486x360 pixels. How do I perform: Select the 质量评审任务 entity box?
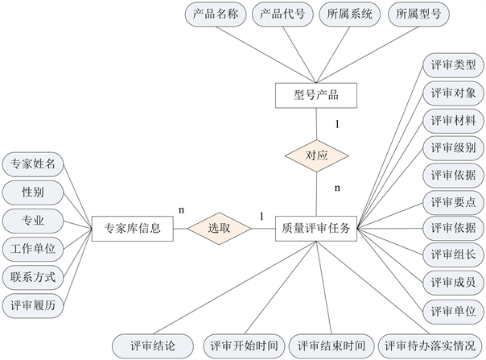click(316, 228)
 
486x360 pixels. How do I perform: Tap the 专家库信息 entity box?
click(133, 228)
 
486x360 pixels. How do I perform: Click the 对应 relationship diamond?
click(316, 153)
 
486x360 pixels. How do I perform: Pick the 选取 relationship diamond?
click(219, 228)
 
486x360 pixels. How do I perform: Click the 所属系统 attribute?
click(349, 14)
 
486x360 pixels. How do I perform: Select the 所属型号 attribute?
click(418, 14)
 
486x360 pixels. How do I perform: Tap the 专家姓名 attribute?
click(33, 164)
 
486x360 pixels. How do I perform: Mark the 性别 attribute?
click(33, 192)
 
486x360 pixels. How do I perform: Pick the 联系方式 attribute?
click(33, 277)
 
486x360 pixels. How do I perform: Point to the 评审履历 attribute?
click(33, 305)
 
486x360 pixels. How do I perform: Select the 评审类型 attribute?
click(453, 65)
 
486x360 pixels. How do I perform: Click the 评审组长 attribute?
click(453, 255)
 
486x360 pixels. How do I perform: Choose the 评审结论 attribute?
click(152, 346)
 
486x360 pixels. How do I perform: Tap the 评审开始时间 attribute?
click(244, 346)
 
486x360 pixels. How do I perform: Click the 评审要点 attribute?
click(453, 201)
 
